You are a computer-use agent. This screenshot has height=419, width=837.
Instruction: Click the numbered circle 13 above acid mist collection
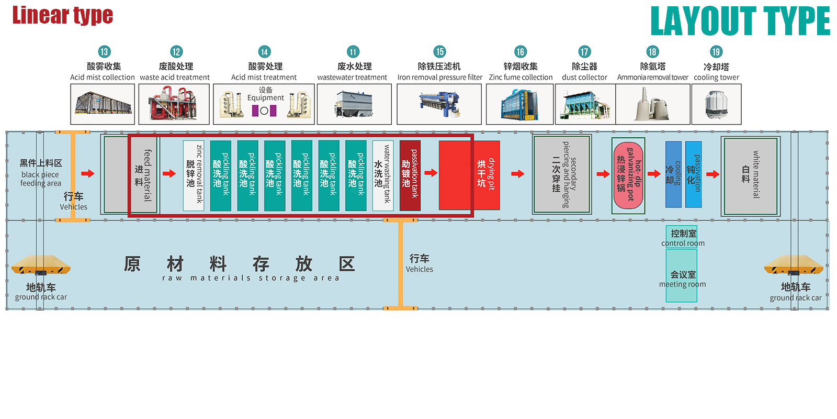coord(104,52)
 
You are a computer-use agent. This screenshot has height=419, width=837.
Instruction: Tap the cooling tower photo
coord(716,104)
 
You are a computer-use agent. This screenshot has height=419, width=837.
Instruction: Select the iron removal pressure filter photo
coord(439,104)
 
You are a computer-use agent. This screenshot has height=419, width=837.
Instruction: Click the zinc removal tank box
coord(193,175)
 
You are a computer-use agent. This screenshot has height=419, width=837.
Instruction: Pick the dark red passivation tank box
coord(410,175)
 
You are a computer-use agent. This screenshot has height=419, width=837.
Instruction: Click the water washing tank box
coord(382,175)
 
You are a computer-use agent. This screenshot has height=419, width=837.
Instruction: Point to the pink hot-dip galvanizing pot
coord(628,175)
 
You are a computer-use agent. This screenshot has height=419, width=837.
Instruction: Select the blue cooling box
coord(673,174)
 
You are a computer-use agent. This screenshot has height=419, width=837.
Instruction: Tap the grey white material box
coord(750,175)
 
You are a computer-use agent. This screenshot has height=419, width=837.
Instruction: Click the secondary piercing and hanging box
coord(562,175)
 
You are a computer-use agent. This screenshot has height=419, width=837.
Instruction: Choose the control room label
coord(683,237)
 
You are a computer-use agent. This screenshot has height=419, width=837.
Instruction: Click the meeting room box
coord(682,276)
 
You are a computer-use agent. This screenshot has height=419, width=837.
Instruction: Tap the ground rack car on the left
coord(40,265)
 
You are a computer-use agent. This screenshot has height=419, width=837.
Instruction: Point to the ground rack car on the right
coord(794,265)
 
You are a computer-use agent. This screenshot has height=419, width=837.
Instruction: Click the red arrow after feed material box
coord(169,173)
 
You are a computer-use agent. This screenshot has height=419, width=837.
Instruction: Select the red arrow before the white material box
coord(713,174)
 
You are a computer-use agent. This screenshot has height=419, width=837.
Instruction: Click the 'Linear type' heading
coord(62,15)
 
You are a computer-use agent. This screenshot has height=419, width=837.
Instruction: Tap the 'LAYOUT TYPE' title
coord(740,21)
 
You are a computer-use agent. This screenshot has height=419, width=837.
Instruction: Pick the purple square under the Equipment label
coord(255,111)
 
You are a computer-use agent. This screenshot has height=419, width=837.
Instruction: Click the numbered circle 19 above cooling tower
coord(716,52)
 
